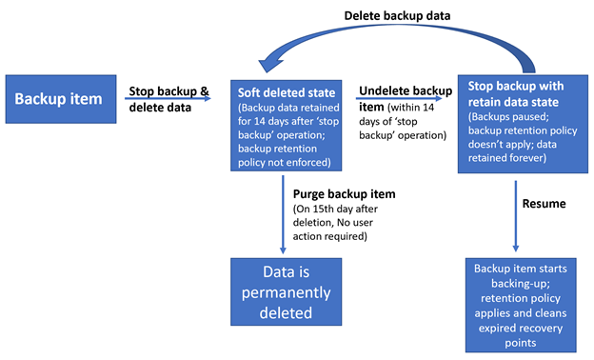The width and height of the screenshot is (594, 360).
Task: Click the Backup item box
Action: [61, 99]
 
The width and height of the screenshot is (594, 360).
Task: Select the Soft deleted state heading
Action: [287, 92]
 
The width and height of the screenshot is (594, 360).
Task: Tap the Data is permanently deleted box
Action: [286, 291]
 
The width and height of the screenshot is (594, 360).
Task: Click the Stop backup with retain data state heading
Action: [516, 93]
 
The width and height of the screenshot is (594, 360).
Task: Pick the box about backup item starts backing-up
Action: [521, 305]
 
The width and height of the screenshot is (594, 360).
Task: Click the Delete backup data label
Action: [397, 16]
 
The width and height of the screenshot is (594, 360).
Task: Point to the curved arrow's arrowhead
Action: [270, 65]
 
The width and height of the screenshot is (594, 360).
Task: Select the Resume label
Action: [544, 204]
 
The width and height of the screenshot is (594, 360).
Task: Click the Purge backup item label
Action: [344, 194]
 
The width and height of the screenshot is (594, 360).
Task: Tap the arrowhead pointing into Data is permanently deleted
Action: [283, 250]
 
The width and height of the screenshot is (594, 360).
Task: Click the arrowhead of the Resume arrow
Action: [516, 248]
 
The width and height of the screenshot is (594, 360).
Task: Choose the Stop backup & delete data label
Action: [168, 99]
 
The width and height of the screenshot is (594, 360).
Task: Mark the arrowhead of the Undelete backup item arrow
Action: [439, 98]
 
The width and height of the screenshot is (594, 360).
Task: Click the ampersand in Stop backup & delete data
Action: [205, 91]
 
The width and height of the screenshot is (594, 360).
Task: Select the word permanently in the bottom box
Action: [286, 293]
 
